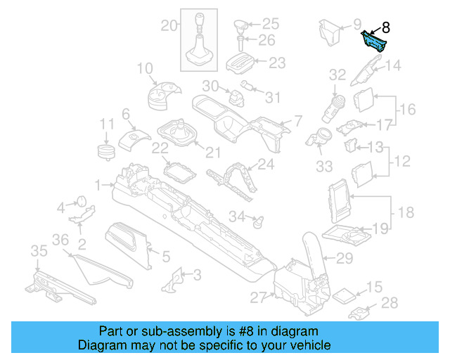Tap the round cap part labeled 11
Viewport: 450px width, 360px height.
click(x=105, y=152)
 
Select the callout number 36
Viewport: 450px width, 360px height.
click(x=61, y=240)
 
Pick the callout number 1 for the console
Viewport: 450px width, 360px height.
click(x=97, y=185)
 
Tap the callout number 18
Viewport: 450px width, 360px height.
click(x=406, y=212)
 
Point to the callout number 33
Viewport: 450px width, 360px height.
click(x=324, y=167)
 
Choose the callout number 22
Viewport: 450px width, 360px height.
click(x=160, y=148)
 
